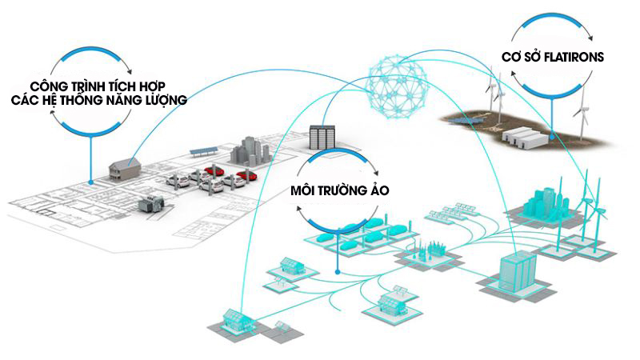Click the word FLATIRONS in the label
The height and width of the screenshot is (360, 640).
(574, 57)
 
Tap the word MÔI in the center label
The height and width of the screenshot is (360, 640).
(303, 190)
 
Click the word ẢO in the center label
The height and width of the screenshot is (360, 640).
(379, 190)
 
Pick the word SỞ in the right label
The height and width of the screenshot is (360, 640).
(530, 56)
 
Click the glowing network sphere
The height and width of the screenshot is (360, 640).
(397, 87)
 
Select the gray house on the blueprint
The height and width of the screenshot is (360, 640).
(126, 167)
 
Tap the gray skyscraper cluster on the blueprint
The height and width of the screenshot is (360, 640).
(250, 151)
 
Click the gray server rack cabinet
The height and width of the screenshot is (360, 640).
(322, 137)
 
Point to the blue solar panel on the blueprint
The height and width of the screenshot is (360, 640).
(204, 151)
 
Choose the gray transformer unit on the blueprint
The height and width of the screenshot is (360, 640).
(151, 203)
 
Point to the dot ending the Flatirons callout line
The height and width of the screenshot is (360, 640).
(551, 137)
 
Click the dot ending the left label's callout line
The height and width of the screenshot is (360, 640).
(90, 182)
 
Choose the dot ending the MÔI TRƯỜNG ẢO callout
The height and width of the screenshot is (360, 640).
(338, 271)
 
